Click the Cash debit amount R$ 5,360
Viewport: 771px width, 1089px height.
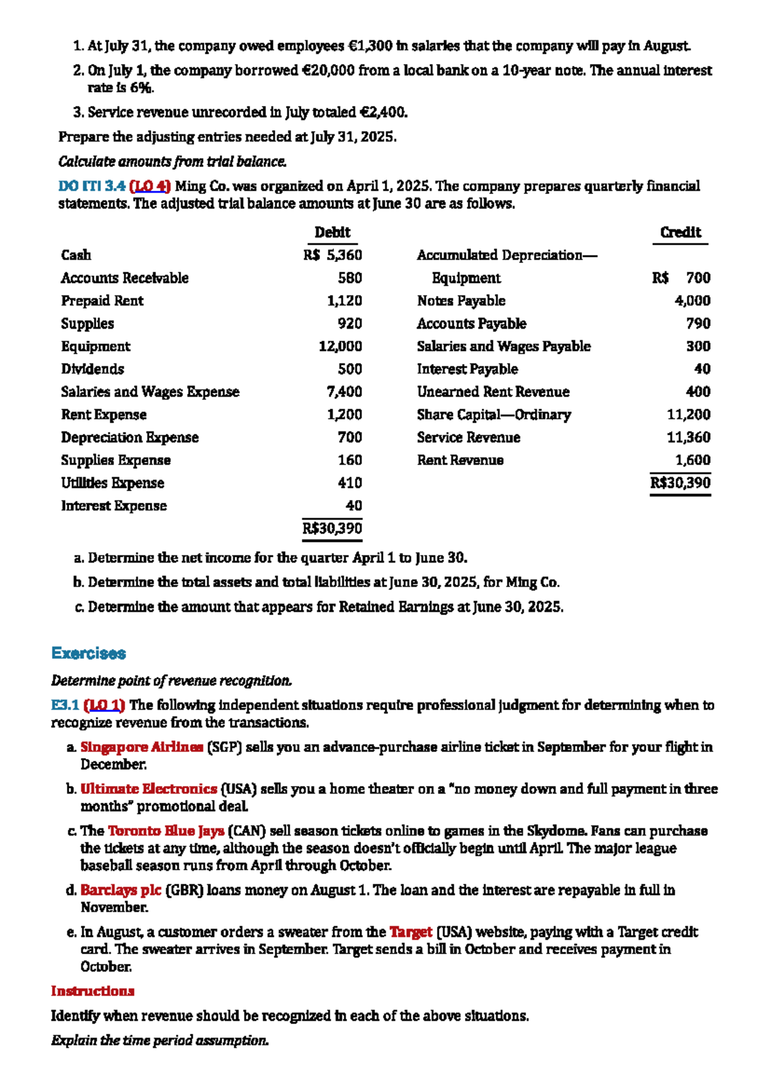click(x=333, y=255)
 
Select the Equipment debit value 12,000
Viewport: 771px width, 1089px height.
click(x=341, y=346)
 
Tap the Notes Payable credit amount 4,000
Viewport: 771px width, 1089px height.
click(x=692, y=301)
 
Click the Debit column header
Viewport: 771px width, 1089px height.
click(x=332, y=232)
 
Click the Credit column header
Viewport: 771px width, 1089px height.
click(x=680, y=232)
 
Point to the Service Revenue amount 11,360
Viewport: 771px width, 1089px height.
click(x=688, y=437)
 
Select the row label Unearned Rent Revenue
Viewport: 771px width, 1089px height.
click(x=493, y=392)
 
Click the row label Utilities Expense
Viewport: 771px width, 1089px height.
click(x=112, y=483)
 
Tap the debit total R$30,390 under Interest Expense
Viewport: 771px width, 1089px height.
click(x=332, y=528)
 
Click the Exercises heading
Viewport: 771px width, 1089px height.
click(x=89, y=653)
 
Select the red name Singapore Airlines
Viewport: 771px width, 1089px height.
click(x=141, y=747)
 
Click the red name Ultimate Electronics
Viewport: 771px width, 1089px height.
click(x=148, y=788)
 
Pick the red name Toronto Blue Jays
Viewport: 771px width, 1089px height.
click(x=166, y=831)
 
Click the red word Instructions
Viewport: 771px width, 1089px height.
click(x=93, y=991)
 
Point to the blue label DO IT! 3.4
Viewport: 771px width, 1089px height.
click(x=91, y=186)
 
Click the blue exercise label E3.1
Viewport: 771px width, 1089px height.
click(x=65, y=705)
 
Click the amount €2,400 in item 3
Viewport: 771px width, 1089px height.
click(x=382, y=112)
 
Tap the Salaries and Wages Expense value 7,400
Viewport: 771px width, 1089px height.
click(x=344, y=392)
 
